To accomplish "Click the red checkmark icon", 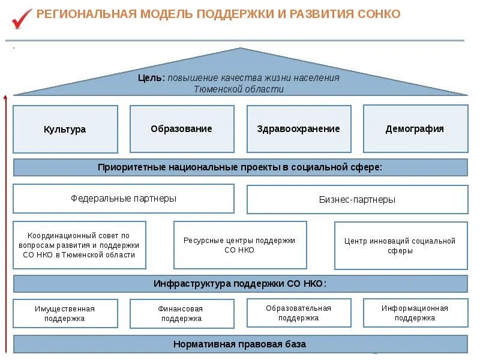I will pyautogui.click(x=22, y=18).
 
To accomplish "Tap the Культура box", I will pyautogui.click(x=65, y=129).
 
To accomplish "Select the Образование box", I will pyautogui.click(x=182, y=129).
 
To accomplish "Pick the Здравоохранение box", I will pyautogui.click(x=298, y=129).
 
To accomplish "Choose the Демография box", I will pyautogui.click(x=415, y=128).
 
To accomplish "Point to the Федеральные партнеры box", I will pyautogui.click(x=124, y=199).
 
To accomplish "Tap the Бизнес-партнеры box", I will pyautogui.click(x=357, y=200).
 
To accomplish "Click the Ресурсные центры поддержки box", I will pyautogui.click(x=240, y=245).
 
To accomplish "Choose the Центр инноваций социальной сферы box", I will pyautogui.click(x=400, y=245).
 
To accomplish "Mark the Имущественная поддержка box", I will pyautogui.click(x=65, y=313).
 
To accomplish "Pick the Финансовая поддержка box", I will pyautogui.click(x=182, y=314).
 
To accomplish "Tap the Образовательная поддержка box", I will pyautogui.click(x=298, y=313).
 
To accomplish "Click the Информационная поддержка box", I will pyautogui.click(x=415, y=313).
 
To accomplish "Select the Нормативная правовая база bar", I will pyautogui.click(x=240, y=344).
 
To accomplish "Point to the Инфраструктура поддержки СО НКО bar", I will pyautogui.click(x=240, y=284).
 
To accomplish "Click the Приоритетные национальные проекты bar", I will pyautogui.click(x=240, y=167).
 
